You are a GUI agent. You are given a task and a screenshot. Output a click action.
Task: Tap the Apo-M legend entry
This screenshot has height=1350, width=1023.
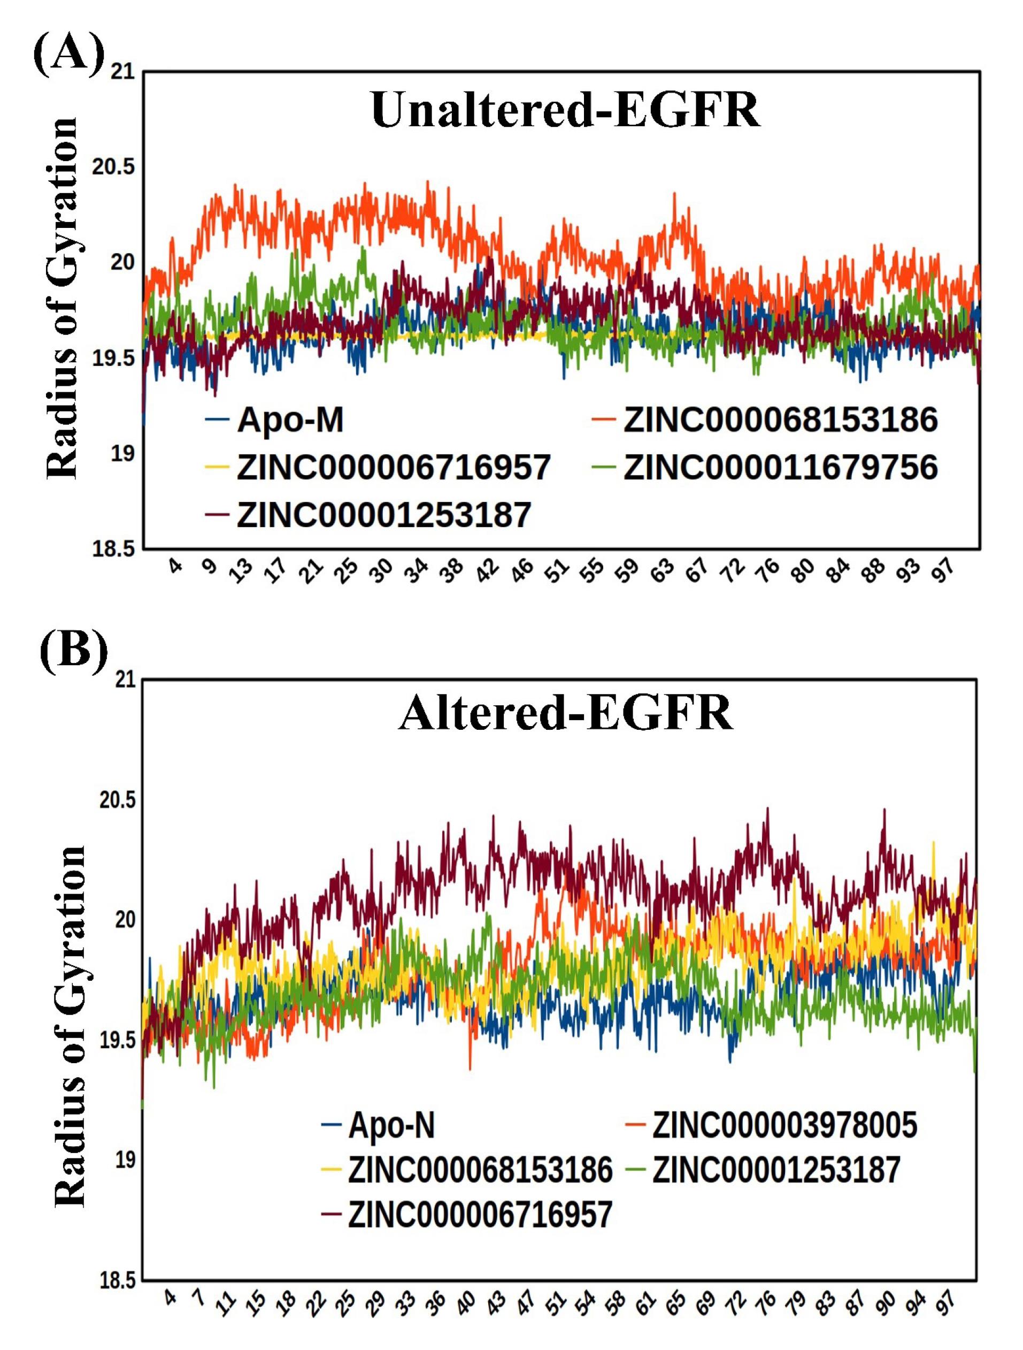pos(290,420)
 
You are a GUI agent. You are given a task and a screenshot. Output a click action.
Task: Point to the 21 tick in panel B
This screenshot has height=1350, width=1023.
pos(125,679)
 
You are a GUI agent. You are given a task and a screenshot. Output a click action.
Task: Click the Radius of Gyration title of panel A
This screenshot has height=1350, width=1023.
pos(62,299)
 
